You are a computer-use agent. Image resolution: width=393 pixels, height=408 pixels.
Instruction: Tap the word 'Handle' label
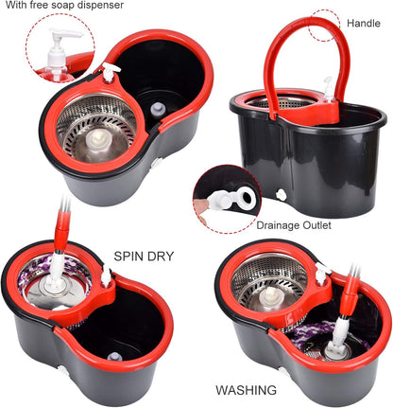(364, 22)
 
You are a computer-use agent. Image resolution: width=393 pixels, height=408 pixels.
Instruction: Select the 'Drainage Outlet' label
(295, 226)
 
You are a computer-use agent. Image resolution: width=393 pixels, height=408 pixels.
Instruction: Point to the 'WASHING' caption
(246, 389)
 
